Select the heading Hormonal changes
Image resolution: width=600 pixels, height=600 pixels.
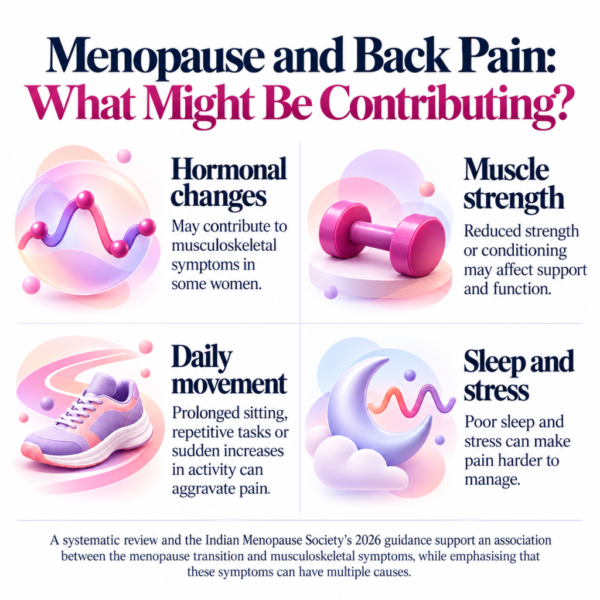tap(229, 182)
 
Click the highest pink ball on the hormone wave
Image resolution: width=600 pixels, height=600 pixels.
tap(84, 200)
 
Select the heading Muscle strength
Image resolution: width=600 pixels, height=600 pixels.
tap(513, 185)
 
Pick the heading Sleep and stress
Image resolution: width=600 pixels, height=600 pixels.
tap(519, 376)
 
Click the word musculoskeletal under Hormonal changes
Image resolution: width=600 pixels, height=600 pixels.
tap(224, 246)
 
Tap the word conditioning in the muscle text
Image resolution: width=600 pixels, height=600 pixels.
tap(524, 251)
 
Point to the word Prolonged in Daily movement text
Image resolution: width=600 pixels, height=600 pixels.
tap(205, 413)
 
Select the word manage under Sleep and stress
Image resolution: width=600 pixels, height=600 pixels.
tap(492, 480)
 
